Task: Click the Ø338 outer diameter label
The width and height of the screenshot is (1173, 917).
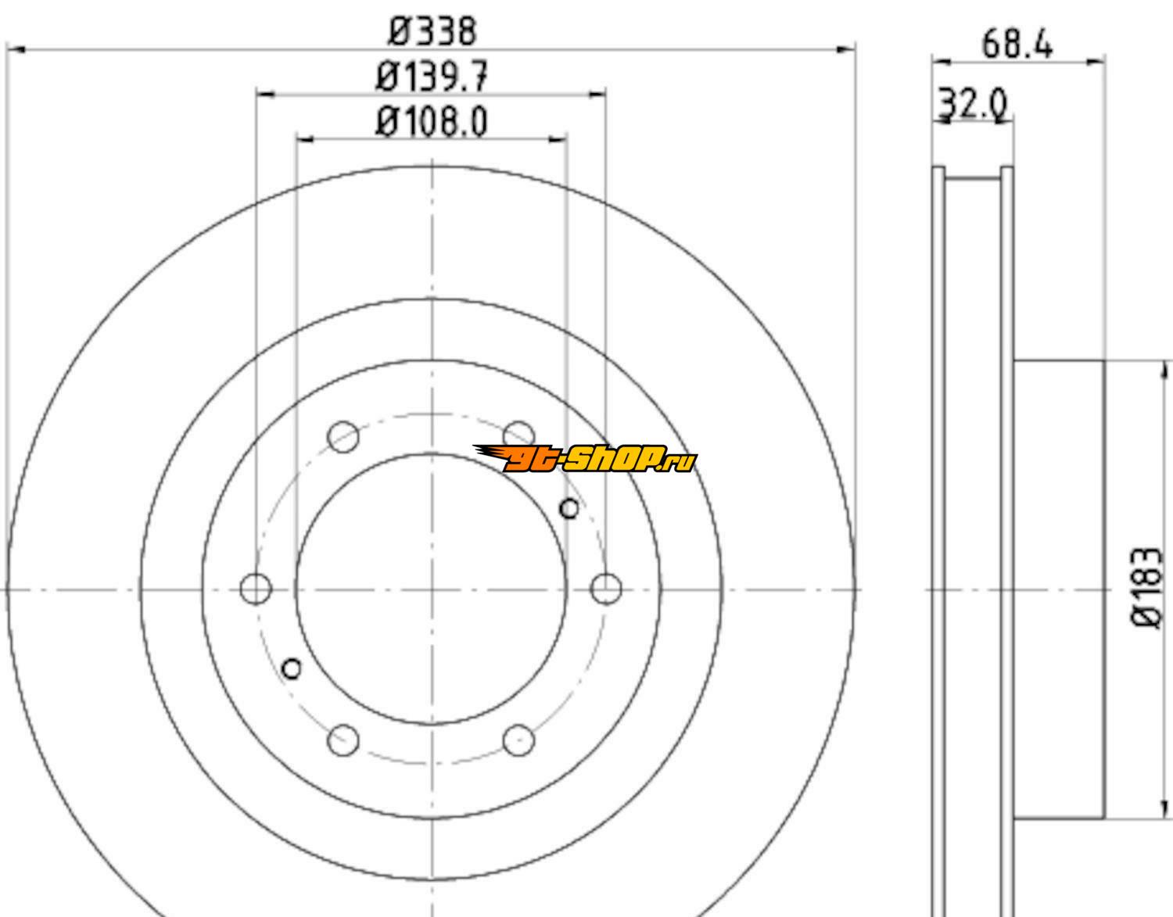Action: pyautogui.click(x=432, y=31)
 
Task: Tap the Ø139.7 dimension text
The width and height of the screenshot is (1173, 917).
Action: pyautogui.click(x=432, y=76)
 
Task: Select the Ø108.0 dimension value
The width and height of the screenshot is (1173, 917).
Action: pyautogui.click(x=432, y=121)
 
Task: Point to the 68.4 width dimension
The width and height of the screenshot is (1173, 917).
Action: pyautogui.click(x=1017, y=44)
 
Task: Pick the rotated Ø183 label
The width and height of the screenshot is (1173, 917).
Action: pyautogui.click(x=1146, y=587)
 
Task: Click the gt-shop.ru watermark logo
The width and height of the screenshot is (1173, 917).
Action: pyautogui.click(x=585, y=458)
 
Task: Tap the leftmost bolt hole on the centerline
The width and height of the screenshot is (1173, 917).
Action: pyautogui.click(x=256, y=589)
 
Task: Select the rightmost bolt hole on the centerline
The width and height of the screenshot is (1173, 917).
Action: pyautogui.click(x=606, y=589)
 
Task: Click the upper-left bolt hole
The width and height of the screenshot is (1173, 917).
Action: pyautogui.click(x=343, y=436)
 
